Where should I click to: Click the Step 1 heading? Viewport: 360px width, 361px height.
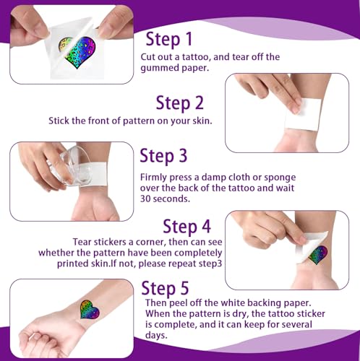(169, 39)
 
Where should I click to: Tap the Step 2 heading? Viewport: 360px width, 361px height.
(180, 103)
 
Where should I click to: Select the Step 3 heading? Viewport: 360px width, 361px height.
(163, 155)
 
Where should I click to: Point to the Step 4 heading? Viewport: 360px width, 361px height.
(187, 227)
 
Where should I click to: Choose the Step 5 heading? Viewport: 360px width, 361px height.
(165, 288)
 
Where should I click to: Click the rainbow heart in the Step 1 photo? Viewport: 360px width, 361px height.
(77, 52)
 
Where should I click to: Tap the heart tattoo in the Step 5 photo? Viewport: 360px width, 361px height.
(90, 310)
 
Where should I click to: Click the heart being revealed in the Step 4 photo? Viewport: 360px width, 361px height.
(318, 255)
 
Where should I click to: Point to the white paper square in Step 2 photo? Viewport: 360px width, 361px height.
(303, 115)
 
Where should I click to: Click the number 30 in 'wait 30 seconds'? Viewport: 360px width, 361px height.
(145, 199)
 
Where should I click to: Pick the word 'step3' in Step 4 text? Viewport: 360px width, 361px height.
(210, 264)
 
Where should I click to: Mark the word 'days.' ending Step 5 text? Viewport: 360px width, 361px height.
(156, 335)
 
